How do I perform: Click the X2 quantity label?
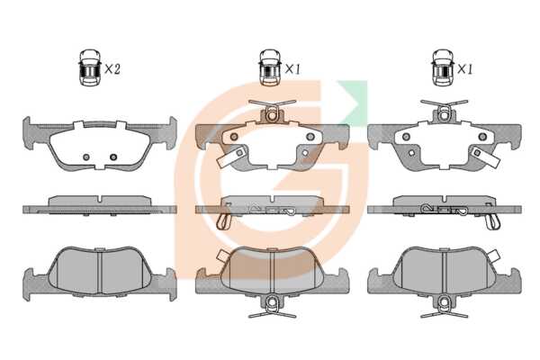(x=112, y=69)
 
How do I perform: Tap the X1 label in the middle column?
(x=292, y=69)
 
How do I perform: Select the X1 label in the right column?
(x=465, y=69)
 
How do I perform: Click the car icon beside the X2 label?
(x=89, y=67)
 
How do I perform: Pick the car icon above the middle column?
(x=270, y=67)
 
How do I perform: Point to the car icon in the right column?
(x=443, y=67)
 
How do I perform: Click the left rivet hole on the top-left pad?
(x=86, y=157)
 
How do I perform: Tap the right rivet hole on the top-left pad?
(x=113, y=157)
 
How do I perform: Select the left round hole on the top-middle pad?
(x=234, y=137)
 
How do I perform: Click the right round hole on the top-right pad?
(x=482, y=137)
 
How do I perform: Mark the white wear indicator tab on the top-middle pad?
(x=231, y=156)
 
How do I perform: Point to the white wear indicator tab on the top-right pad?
(x=486, y=156)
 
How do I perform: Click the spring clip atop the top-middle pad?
(x=272, y=110)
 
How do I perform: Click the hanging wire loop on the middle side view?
(x=224, y=221)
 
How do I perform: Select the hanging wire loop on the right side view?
(x=492, y=221)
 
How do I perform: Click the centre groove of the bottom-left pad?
(x=100, y=272)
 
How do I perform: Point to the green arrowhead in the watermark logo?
(x=353, y=102)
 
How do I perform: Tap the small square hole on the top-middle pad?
(x=305, y=153)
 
